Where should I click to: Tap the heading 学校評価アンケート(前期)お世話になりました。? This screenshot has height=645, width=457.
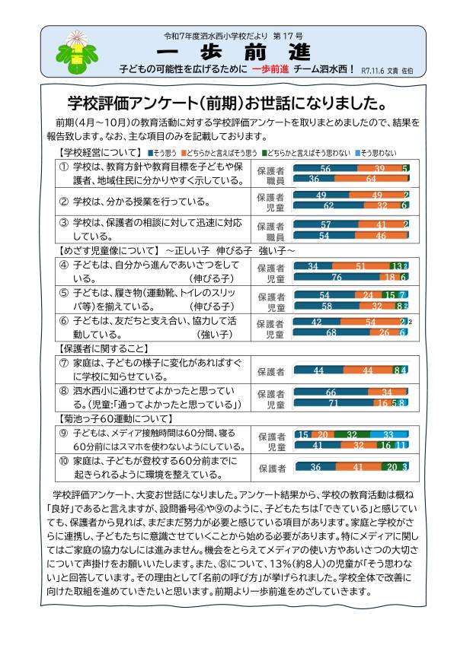226,103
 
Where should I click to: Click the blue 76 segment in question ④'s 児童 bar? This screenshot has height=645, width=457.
335,278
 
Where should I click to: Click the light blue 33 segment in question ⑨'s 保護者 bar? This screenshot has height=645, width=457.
388,434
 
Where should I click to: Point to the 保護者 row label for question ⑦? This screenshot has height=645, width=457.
271,370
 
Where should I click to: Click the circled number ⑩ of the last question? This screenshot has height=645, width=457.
64,461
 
